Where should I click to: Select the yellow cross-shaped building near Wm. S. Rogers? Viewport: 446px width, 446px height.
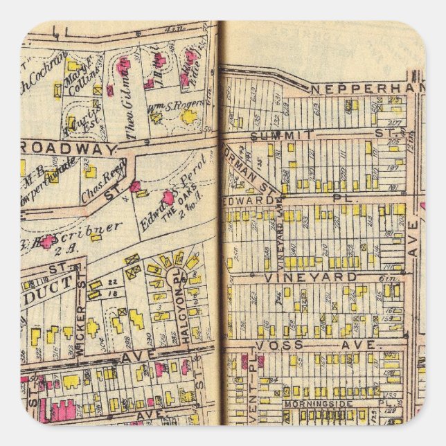(188, 116)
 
